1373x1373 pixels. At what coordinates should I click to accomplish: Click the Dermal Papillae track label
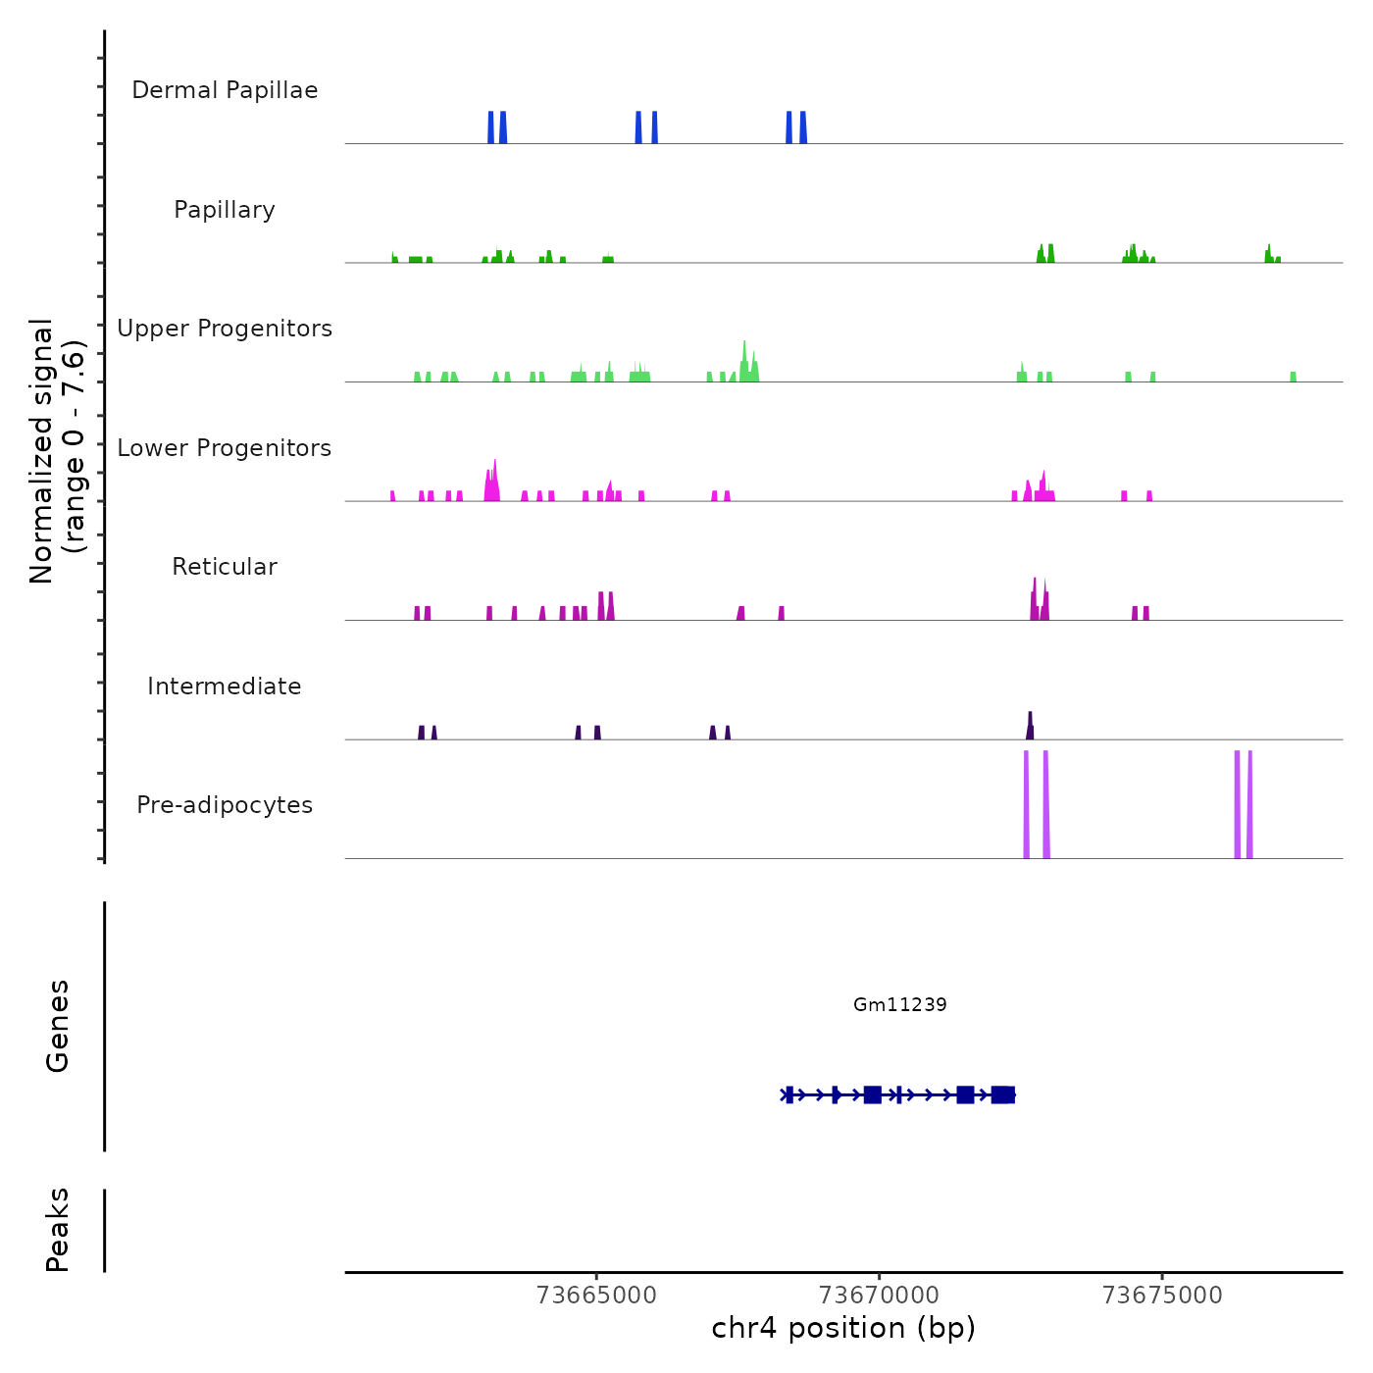225,90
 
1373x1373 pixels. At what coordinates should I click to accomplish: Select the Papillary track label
225,210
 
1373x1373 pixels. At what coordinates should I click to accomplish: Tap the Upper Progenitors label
225,329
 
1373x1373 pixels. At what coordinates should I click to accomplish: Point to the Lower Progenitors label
225,448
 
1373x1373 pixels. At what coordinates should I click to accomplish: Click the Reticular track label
225,567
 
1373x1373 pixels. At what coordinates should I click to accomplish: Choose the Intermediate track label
225,686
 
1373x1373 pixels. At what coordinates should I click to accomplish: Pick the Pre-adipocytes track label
225,805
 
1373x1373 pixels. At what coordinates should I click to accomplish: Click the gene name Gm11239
899,1004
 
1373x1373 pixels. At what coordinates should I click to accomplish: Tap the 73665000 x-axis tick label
596,1296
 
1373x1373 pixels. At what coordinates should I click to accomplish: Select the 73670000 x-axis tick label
880,1296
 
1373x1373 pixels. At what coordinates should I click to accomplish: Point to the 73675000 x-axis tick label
1162,1296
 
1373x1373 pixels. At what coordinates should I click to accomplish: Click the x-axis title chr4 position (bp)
843,1328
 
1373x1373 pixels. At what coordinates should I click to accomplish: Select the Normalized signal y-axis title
57,450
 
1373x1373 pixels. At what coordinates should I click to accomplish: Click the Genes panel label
58,1026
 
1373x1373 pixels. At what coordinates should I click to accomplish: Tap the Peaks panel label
58,1230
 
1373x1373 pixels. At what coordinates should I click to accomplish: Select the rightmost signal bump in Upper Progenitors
1293,377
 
